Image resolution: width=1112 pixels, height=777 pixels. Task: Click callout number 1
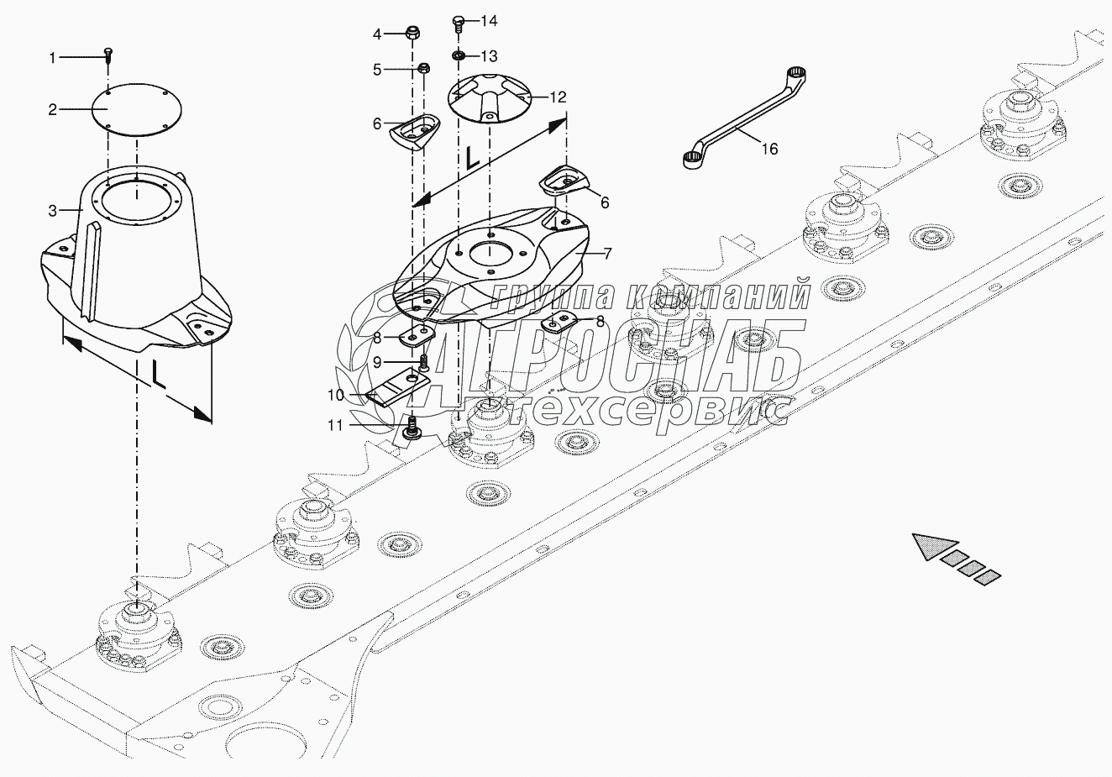coord(52,58)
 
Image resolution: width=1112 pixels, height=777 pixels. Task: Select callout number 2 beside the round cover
coord(52,109)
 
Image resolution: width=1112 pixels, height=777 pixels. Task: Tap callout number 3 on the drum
coord(52,211)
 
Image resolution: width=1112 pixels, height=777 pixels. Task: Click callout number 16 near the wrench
coord(769,149)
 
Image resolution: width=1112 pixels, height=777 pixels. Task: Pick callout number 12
coord(558,97)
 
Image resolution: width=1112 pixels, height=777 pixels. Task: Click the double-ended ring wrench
coord(742,119)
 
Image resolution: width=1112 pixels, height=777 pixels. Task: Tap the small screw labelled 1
coord(109,55)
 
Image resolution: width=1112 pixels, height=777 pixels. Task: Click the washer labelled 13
coord(459,56)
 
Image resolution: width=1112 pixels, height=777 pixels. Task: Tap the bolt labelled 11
coord(412,429)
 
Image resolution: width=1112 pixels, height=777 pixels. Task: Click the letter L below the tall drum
coord(158,375)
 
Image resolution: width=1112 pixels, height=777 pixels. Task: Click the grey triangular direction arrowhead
coord(931,546)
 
